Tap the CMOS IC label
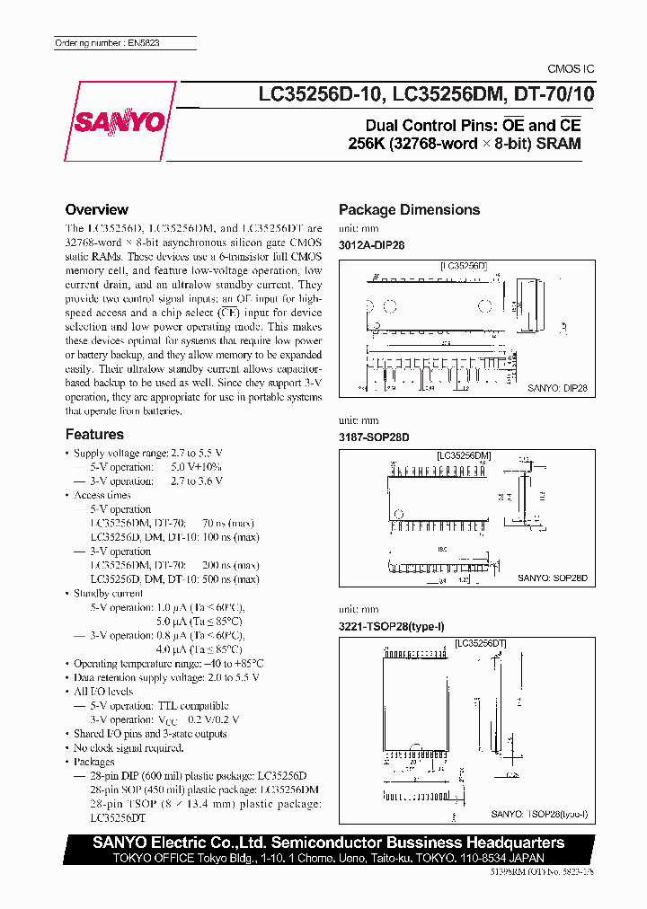(571, 69)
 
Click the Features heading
(94, 434)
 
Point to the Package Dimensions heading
(409, 209)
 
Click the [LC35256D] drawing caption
(463, 266)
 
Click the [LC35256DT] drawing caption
(481, 643)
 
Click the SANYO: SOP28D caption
(551, 579)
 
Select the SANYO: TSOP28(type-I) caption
(539, 814)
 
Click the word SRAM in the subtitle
(558, 144)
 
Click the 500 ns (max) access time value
(229, 579)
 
